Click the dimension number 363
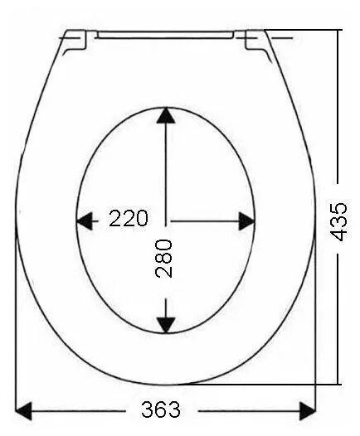(161, 409)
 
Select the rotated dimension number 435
(338, 222)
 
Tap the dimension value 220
(129, 218)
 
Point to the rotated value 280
(163, 259)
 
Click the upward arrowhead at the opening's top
(166, 115)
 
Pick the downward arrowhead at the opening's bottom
(166, 325)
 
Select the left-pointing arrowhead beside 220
(84, 221)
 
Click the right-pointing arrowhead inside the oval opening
(246, 221)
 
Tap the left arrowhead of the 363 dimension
(23, 410)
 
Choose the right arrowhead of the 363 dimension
(308, 410)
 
